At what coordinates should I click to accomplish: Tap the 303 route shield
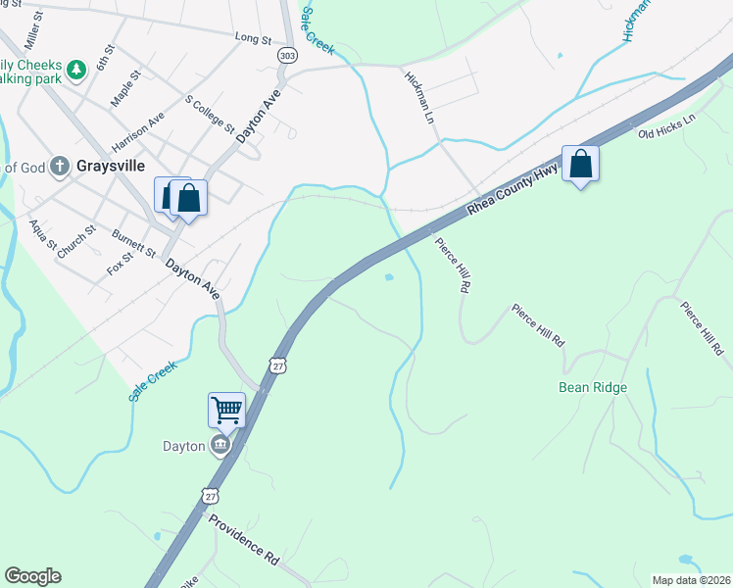tap(286, 56)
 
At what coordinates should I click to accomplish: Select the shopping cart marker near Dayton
tap(226, 410)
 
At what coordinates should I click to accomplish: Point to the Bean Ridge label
tap(593, 387)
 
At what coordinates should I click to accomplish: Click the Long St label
tap(253, 39)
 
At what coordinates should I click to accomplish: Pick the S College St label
tap(210, 114)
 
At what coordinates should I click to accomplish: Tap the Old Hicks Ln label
tap(665, 125)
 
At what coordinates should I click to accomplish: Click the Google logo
tap(32, 576)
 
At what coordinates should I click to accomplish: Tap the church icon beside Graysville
tap(60, 167)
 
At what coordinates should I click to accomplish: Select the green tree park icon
tap(75, 71)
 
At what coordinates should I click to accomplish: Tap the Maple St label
tap(125, 87)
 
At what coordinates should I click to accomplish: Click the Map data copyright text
tap(691, 580)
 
